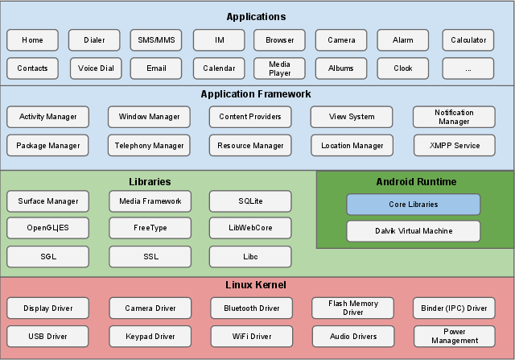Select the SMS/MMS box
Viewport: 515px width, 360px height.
pos(157,40)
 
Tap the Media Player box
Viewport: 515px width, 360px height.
pos(279,68)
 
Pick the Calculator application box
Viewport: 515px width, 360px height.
pos(468,40)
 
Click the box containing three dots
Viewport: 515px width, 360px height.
pos(468,68)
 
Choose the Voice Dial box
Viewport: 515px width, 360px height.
pos(96,68)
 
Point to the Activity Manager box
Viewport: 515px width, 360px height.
pos(48,117)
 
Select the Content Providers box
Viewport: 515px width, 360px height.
pos(250,117)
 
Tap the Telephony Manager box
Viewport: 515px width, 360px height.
pos(150,146)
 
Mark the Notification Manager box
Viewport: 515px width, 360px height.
pos(454,117)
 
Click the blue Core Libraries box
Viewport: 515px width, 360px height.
pos(413,205)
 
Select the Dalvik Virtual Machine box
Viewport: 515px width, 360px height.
pos(413,231)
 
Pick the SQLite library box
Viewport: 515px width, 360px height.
pos(250,201)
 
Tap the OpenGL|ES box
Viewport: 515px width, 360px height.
pos(47,228)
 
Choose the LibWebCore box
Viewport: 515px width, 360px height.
pos(250,228)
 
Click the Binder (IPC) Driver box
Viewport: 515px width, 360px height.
pos(454,308)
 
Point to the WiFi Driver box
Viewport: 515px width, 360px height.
pos(250,336)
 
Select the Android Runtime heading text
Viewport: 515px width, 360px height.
pos(416,182)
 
